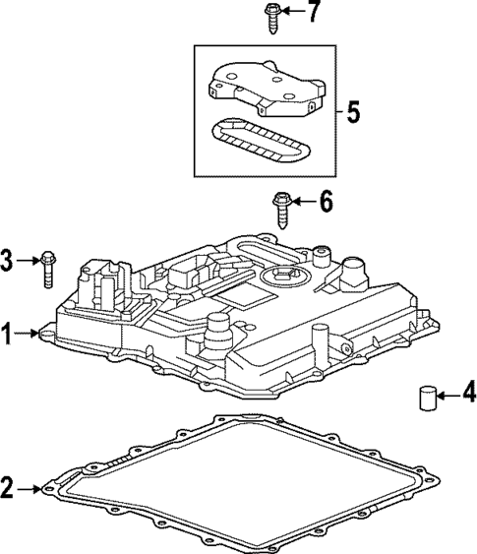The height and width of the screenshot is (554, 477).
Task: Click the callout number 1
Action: pos(9,335)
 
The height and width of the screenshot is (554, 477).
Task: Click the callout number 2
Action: pos(9,486)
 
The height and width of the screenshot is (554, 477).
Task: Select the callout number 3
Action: pos(9,260)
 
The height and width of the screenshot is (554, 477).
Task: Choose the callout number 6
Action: pos(326,203)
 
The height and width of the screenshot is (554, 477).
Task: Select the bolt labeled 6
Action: pos(278,208)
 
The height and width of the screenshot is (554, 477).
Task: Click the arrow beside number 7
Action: pos(293,13)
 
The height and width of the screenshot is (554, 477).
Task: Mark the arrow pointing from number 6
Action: pos(303,203)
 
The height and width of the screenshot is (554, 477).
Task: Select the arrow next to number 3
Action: pos(28,260)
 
